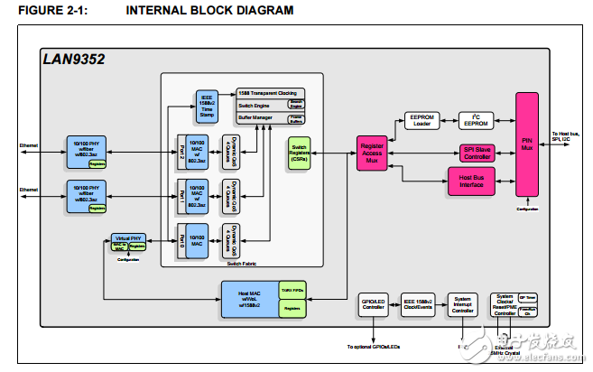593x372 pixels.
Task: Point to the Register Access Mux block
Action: click(x=373, y=151)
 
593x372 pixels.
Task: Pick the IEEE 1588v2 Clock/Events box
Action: click(x=418, y=304)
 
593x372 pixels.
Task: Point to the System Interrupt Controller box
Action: click(x=462, y=304)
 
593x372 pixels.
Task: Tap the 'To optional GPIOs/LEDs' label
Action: click(x=373, y=346)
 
